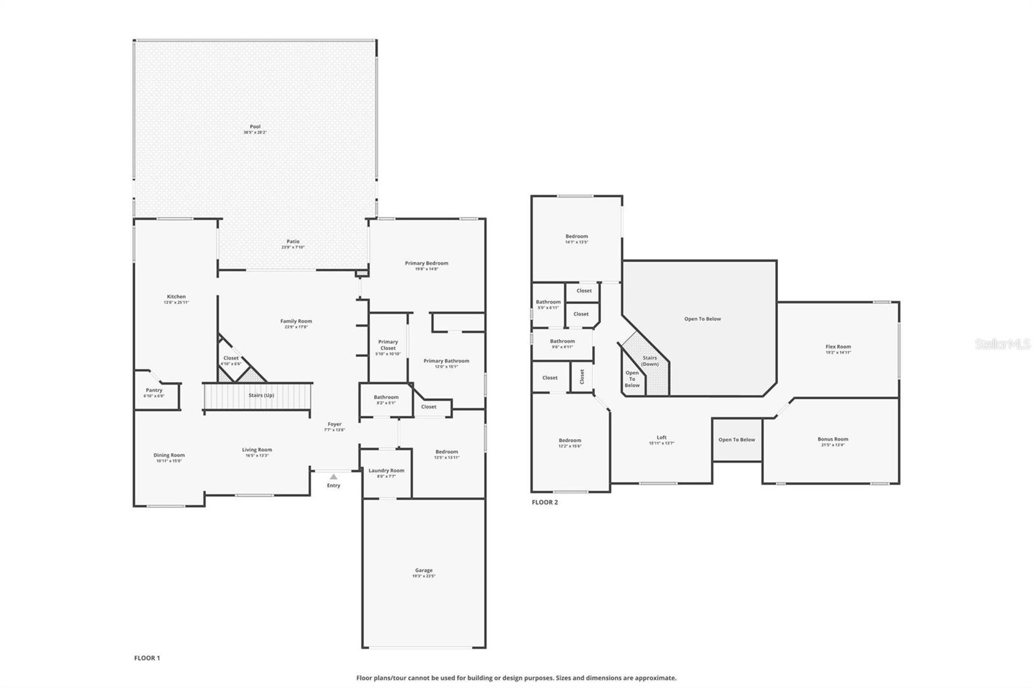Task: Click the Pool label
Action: coord(255,127)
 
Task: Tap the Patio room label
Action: coord(293,242)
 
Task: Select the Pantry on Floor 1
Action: coord(154,391)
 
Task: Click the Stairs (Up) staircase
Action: coord(258,396)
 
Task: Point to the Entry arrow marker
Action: coord(333,477)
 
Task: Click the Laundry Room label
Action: coord(386,471)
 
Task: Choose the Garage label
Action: coord(424,571)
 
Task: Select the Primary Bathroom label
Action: coord(446,361)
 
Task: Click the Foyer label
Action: coord(334,425)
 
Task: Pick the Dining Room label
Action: coord(169,455)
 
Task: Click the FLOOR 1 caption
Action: coord(147,658)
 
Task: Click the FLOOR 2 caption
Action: coord(544,502)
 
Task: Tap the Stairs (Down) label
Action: coord(649,361)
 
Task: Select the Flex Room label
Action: coord(838,347)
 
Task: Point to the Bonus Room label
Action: coord(833,440)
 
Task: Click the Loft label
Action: coord(661,438)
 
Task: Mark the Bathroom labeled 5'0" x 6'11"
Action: coord(548,303)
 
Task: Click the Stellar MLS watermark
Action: coord(1003,345)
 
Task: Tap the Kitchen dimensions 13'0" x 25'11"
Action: coord(176,303)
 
